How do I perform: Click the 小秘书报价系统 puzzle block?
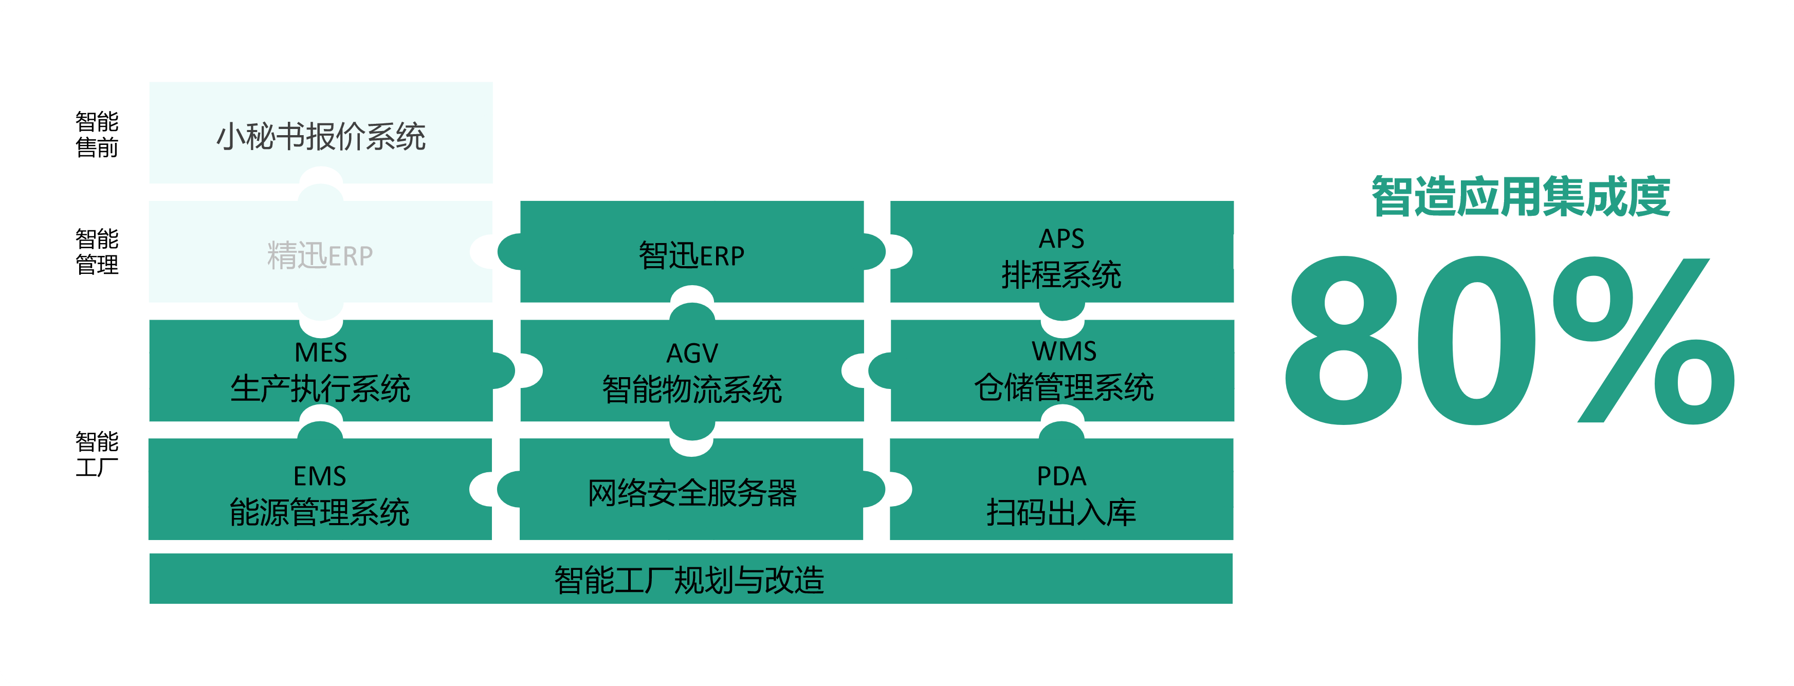[321, 133]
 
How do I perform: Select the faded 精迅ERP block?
[321, 252]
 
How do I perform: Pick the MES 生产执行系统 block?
[321, 370]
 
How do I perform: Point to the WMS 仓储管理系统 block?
[1062, 370]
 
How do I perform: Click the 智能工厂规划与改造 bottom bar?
[691, 579]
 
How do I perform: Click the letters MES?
[321, 353]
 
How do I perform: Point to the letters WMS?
[1064, 351]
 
